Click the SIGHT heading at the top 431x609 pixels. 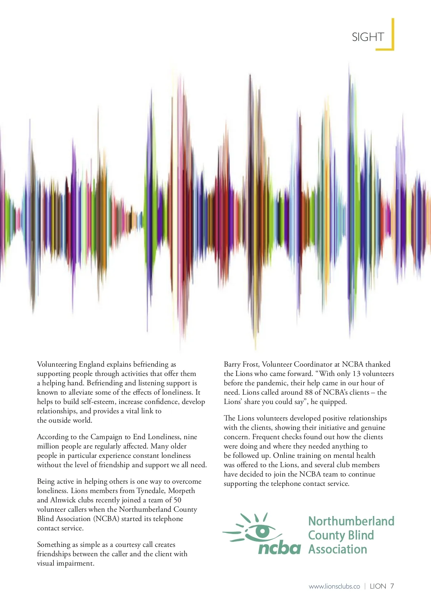coord(368,37)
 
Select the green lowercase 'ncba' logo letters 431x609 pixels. coord(279,548)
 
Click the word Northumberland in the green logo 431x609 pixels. coord(351,521)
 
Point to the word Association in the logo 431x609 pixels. coord(338,549)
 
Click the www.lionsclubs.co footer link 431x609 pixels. coord(334,586)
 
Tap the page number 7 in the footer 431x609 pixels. coord(392,586)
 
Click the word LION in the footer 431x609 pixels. coord(378,586)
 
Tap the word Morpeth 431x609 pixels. coord(181,491)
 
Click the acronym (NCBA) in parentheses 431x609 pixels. coord(106,519)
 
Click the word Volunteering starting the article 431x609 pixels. coord(57,364)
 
